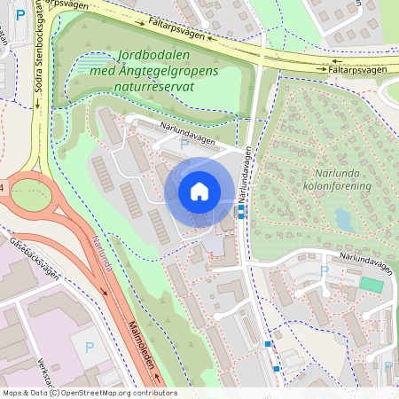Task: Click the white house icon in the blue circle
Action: pyautogui.click(x=199, y=191)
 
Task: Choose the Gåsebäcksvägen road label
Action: pyautogui.click(x=35, y=257)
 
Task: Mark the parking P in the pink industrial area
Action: pyautogui.click(x=89, y=349)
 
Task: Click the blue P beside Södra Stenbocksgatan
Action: pyautogui.click(x=20, y=15)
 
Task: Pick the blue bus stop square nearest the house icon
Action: pyautogui.click(x=241, y=214)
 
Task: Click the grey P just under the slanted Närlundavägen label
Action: pyautogui.click(x=184, y=144)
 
